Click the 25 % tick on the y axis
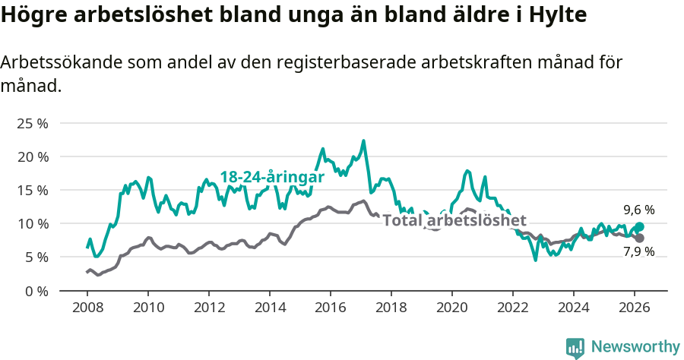click(x=32, y=123)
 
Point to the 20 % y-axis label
click(x=32, y=156)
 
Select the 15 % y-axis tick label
click(x=32, y=190)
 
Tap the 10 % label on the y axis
click(x=32, y=223)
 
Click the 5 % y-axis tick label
click(x=36, y=257)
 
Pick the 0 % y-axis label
click(x=36, y=291)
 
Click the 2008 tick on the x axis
click(x=87, y=307)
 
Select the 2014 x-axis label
click(x=269, y=307)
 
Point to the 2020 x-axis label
click(x=451, y=307)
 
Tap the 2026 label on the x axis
click(x=634, y=307)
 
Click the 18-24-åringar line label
click(x=272, y=177)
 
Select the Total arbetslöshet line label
click(x=454, y=221)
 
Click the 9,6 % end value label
click(x=639, y=210)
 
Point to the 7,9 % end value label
click(x=639, y=251)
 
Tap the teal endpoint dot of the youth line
click(x=639, y=226)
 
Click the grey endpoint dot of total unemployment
click(x=639, y=238)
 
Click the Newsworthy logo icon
click(x=575, y=347)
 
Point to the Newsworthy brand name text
click(x=635, y=347)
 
